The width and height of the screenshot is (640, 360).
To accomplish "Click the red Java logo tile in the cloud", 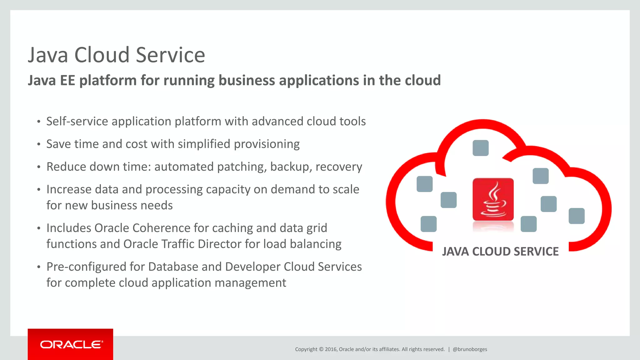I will [493, 199].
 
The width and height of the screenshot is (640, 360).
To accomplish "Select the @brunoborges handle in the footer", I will [470, 349].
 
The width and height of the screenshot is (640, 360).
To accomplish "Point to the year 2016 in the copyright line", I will [331, 349].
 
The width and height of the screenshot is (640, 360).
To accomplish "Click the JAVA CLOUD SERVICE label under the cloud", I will [500, 252].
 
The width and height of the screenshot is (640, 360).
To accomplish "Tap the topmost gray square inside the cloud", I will [480, 148].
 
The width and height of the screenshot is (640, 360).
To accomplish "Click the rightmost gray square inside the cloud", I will [576, 216].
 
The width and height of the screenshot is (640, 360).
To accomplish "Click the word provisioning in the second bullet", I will [267, 144].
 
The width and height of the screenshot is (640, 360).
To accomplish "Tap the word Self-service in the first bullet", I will [77, 121].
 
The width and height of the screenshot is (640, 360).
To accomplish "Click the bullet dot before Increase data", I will [39, 190].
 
